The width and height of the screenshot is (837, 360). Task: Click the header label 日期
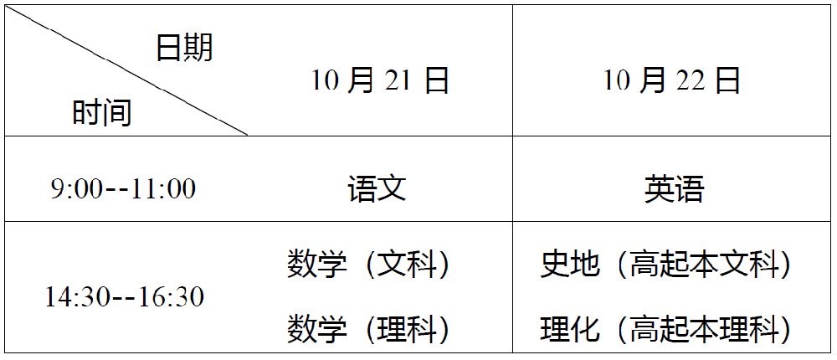click(x=184, y=48)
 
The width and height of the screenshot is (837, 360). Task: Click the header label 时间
click(x=102, y=111)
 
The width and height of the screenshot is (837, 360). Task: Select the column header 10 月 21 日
click(x=381, y=80)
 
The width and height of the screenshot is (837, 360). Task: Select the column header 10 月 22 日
click(x=672, y=80)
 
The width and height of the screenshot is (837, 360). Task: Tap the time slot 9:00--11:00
click(x=123, y=188)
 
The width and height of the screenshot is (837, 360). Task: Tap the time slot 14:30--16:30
click(x=125, y=296)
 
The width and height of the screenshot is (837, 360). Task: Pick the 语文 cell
click(x=377, y=188)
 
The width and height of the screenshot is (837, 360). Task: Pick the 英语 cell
click(x=674, y=188)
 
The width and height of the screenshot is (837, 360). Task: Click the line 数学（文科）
click(x=369, y=265)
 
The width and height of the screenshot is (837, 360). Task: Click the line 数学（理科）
click(x=369, y=328)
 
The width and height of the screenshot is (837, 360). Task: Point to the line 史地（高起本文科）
click(x=666, y=265)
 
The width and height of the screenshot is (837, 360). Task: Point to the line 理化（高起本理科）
click(x=666, y=328)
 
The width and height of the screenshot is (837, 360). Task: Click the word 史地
click(x=571, y=265)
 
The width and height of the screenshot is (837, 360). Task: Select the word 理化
click(x=571, y=328)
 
